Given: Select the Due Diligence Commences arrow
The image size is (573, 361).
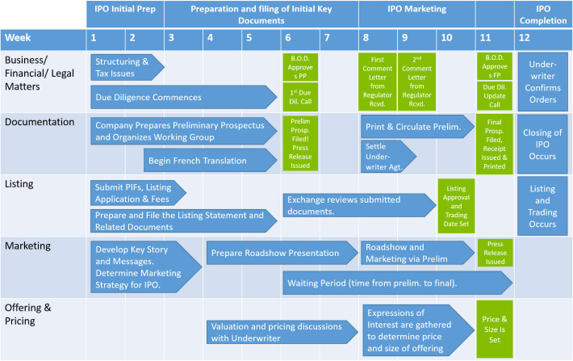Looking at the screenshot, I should coord(182,97).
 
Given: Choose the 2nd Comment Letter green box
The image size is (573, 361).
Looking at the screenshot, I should coord(417,80).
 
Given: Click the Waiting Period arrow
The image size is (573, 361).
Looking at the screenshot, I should coord(395,282).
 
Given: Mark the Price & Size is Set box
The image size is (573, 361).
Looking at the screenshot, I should coord(495,330).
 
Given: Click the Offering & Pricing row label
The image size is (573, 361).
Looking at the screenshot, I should coord(32,313).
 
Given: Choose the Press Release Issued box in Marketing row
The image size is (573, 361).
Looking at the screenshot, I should coord(495,251).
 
